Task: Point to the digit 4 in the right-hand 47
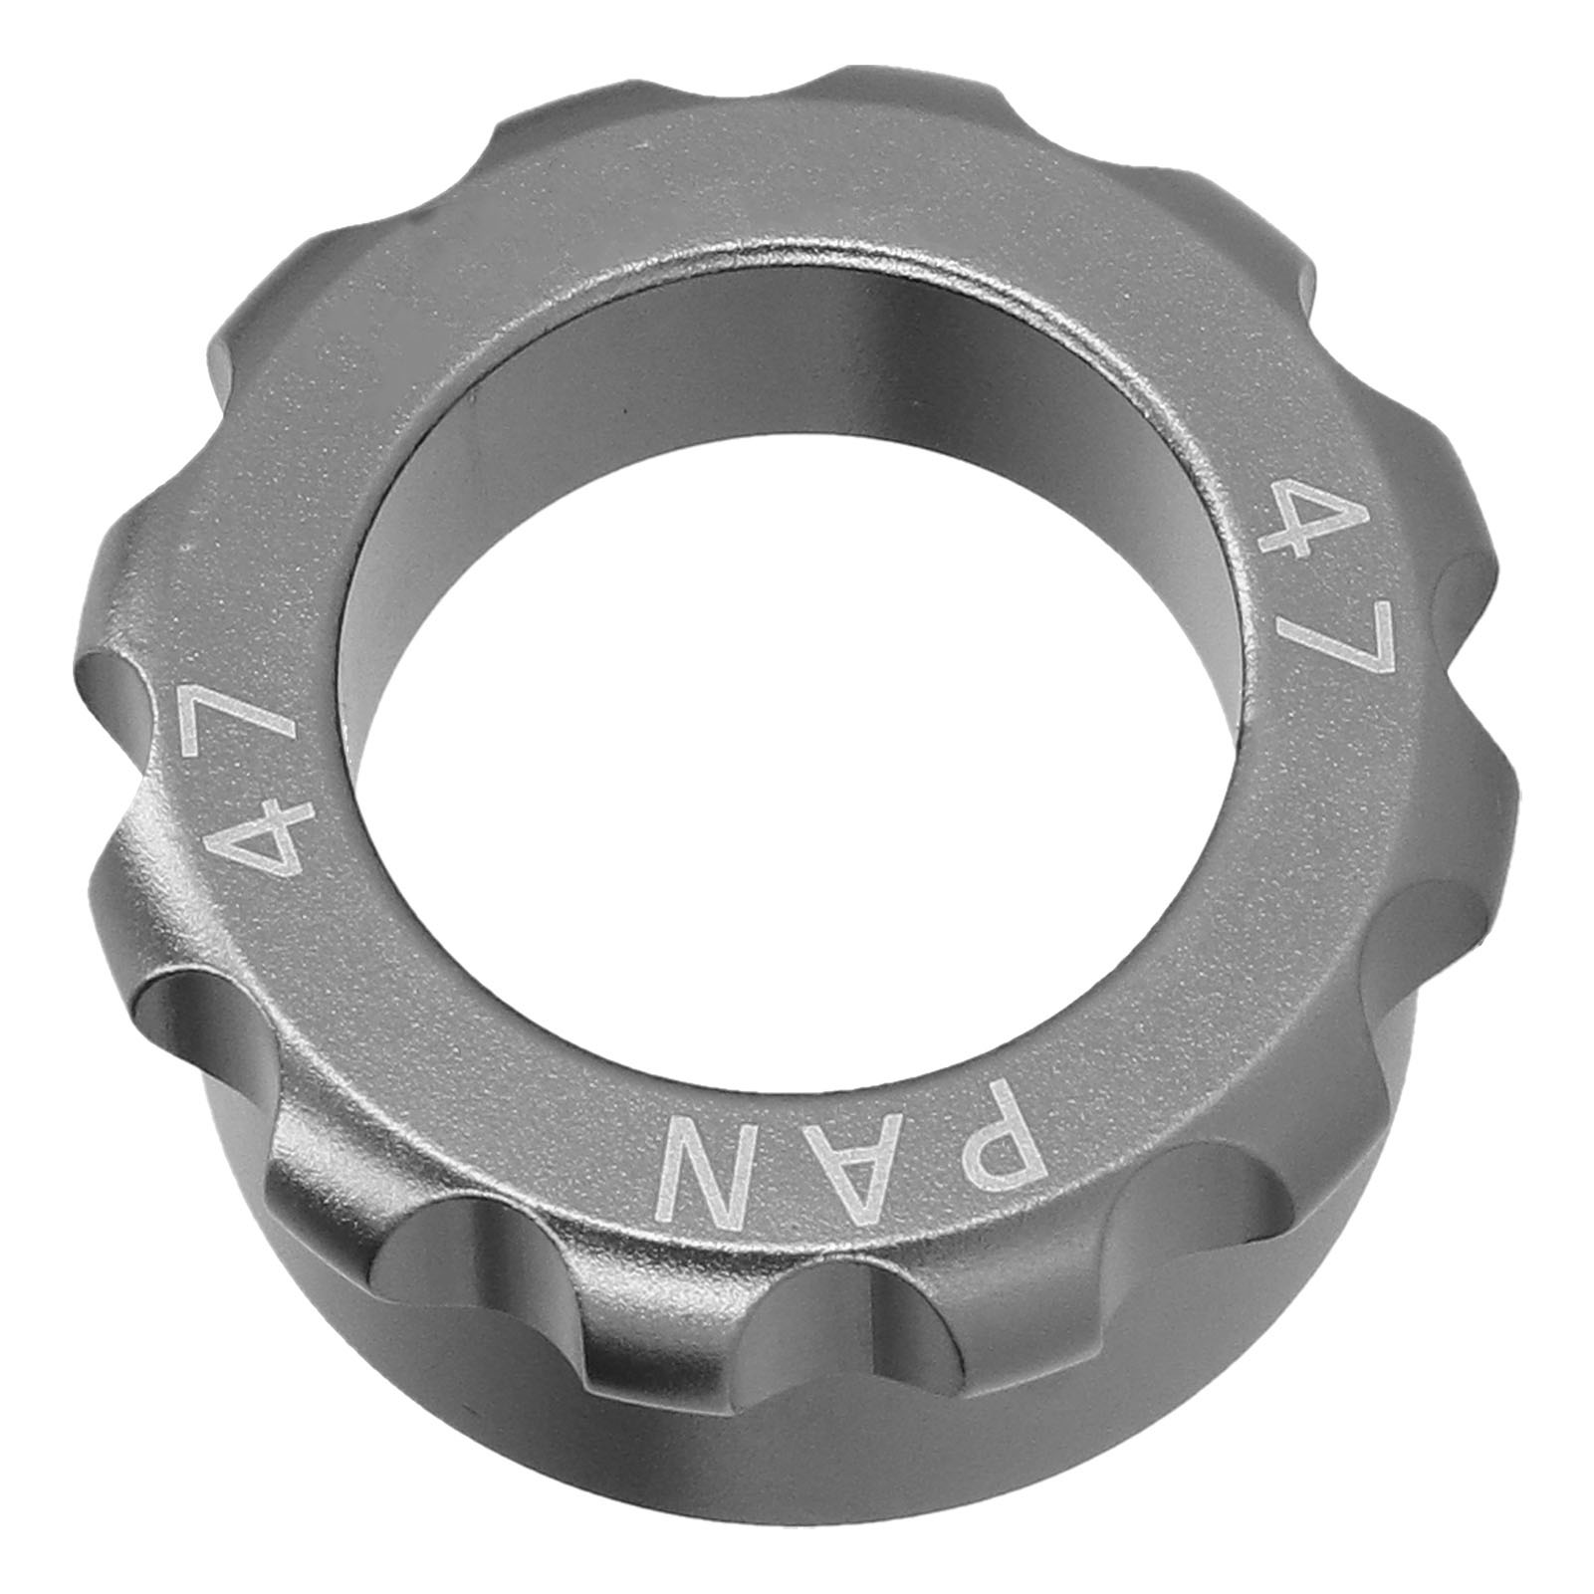(x=1303, y=516)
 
